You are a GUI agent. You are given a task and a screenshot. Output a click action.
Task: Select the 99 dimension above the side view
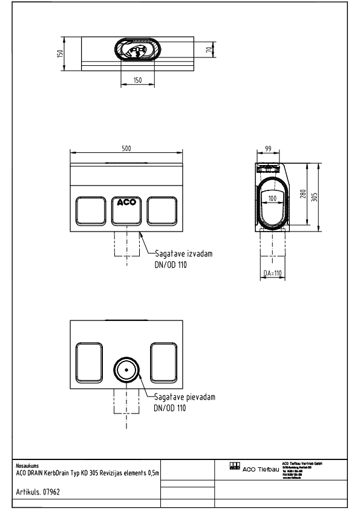(268, 148)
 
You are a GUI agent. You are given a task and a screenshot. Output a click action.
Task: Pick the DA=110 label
(273, 274)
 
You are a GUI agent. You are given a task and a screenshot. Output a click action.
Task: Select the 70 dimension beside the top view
(209, 49)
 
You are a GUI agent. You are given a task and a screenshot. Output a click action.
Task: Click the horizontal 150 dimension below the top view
(137, 80)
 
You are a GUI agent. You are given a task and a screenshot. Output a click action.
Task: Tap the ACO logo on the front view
(126, 203)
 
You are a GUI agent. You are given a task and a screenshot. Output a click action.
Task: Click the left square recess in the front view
(90, 210)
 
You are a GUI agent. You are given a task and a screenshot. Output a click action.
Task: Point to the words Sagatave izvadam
(178, 254)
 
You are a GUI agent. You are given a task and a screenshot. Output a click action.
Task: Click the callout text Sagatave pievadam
(184, 398)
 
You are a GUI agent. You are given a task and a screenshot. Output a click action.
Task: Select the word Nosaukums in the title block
(27, 466)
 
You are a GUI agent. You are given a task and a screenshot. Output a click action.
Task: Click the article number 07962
(51, 492)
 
